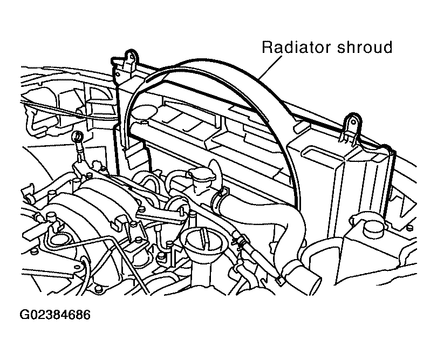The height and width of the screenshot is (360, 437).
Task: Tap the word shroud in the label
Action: [365, 47]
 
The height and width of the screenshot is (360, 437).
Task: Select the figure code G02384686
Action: [55, 315]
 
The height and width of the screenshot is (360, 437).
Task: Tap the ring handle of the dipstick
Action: [78, 137]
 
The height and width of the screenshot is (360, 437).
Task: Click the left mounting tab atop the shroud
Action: [130, 59]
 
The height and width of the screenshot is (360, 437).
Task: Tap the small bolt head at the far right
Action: [409, 228]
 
